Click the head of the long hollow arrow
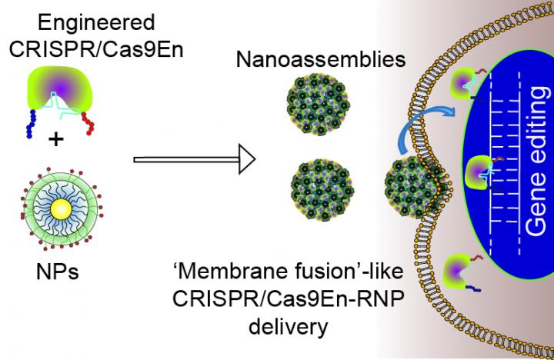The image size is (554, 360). point(243,159)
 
